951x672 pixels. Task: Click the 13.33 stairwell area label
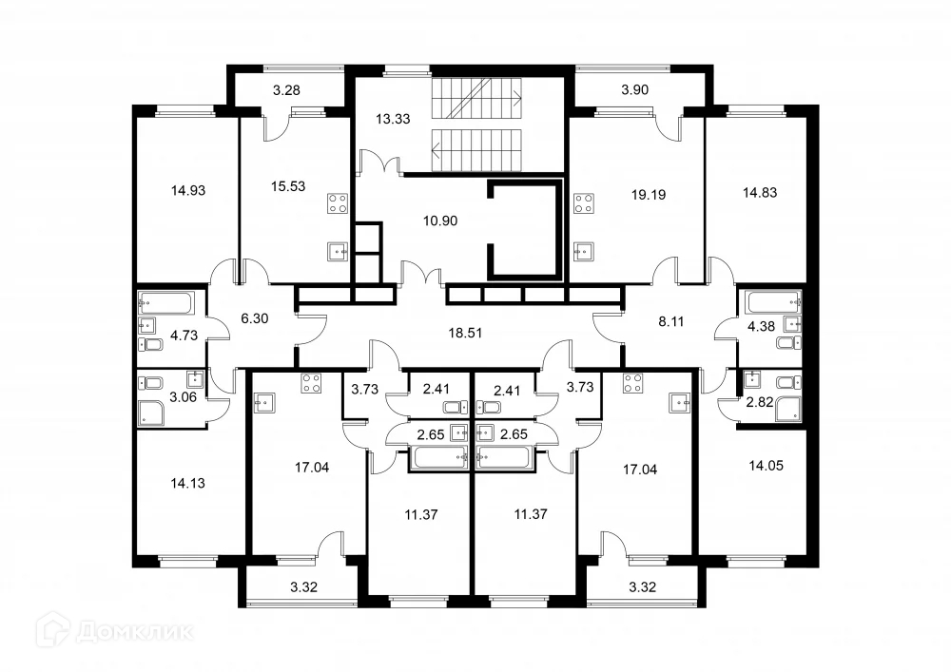[393, 119]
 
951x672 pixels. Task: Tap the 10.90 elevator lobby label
[440, 221]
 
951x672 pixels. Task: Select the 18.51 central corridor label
[465, 333]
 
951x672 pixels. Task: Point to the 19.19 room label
[649, 195]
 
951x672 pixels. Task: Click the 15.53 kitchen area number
[288, 186]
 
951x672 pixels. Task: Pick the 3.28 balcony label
[286, 90]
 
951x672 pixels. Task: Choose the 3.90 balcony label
[635, 89]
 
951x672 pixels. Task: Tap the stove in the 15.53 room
[338, 203]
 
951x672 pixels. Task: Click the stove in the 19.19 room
[584, 203]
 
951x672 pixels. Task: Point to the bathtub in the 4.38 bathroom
[773, 302]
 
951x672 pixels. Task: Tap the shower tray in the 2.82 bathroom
[789, 408]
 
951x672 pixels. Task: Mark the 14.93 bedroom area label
[188, 190]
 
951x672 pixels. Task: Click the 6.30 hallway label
[255, 318]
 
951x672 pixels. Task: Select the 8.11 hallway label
[671, 321]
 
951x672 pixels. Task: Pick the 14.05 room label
[766, 466]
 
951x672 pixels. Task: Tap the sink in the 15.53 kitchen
[338, 252]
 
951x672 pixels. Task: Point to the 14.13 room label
[188, 483]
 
